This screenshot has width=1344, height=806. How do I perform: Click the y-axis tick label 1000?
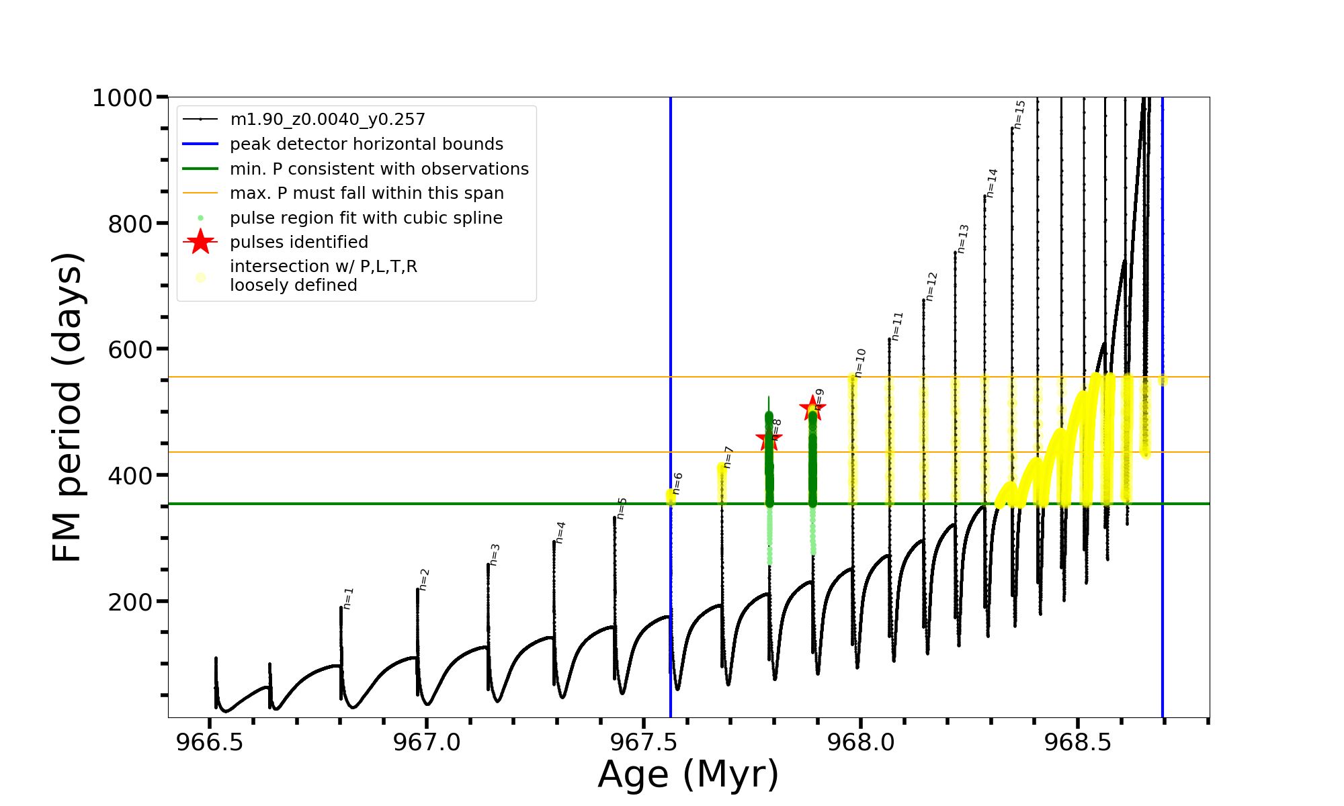122,98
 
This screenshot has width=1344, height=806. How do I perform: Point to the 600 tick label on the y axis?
130,349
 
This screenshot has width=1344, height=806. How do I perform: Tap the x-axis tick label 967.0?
427,743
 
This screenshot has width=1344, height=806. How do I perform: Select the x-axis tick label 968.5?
1078,743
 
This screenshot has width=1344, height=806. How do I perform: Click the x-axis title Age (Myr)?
688,774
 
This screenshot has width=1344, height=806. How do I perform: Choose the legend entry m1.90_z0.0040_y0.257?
327,120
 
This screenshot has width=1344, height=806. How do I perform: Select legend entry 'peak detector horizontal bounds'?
366,144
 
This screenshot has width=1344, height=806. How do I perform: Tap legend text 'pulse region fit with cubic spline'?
366,218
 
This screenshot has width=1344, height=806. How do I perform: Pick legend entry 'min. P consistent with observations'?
379,169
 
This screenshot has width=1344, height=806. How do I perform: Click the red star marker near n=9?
812,408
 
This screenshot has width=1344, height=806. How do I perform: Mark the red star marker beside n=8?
769,440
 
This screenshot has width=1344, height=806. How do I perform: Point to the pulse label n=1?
347,598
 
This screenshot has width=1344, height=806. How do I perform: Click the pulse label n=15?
1019,114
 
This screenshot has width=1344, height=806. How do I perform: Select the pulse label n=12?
931,287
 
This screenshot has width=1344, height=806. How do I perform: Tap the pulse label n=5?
622,508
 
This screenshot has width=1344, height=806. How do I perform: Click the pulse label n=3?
495,555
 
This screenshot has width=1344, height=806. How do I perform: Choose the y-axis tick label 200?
130,602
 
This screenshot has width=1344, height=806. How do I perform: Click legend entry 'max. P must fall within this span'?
366,193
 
